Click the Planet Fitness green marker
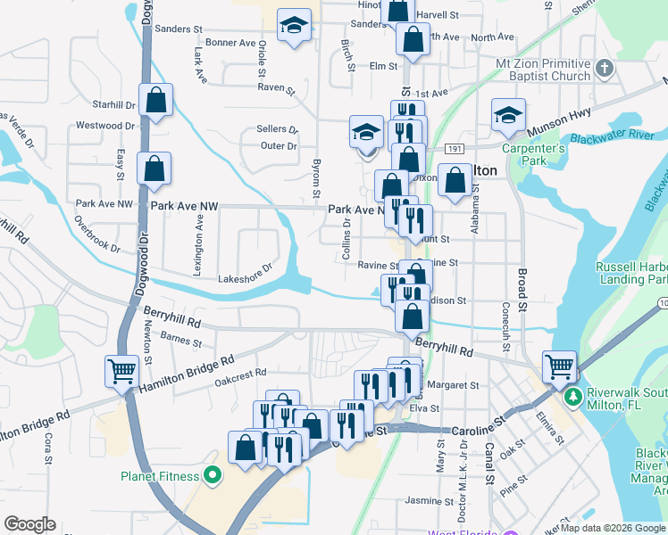[x=213, y=476]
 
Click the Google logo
[x=29, y=524]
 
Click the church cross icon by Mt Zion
[x=605, y=68]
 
